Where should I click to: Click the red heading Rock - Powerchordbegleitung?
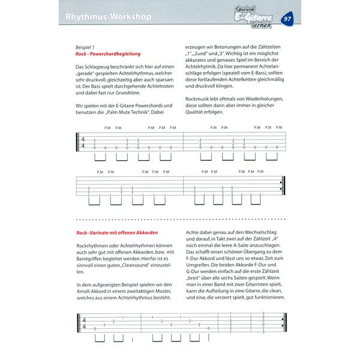pos(112,54)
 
